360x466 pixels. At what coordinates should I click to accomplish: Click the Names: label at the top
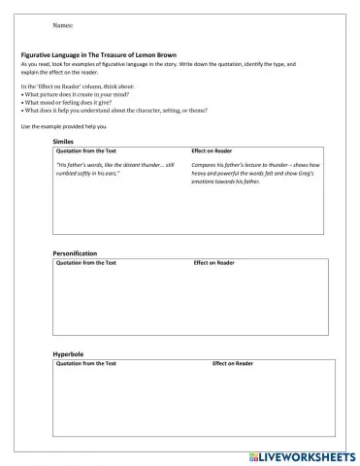(47, 24)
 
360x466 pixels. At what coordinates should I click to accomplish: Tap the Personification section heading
(77, 253)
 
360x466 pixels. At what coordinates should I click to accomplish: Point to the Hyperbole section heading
(68, 354)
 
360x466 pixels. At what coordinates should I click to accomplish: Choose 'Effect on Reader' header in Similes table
(212, 151)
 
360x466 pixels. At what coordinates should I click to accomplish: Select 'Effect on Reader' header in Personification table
(213, 262)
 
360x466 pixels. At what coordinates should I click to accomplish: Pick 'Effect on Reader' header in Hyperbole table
(233, 363)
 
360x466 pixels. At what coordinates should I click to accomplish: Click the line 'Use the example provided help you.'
(63, 127)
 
